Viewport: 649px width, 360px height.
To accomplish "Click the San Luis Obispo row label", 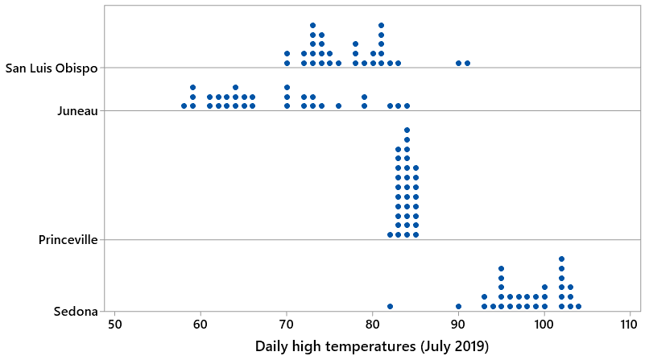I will pyautogui.click(x=52, y=68).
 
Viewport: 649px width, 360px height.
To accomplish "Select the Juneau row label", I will pyautogui.click(x=76, y=111).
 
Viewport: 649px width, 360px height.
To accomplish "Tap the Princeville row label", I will pyautogui.click(x=68, y=240).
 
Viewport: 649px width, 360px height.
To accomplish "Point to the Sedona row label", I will pyautogui.click(x=76, y=312).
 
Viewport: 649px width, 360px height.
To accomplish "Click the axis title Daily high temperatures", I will pyautogui.click(x=372, y=347).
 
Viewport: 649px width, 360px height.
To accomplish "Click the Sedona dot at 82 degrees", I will pyautogui.click(x=390, y=306).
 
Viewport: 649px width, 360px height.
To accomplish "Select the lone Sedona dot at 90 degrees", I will pyautogui.click(x=458, y=306).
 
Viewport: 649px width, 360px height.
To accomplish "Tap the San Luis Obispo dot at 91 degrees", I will pyautogui.click(x=467, y=63).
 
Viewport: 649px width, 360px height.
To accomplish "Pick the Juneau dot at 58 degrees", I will pyautogui.click(x=184, y=106).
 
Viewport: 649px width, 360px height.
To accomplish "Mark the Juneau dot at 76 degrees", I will pyautogui.click(x=338, y=106).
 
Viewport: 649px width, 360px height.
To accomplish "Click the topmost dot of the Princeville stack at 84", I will pyautogui.click(x=407, y=130).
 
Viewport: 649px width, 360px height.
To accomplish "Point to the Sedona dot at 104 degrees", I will pyautogui.click(x=578, y=306).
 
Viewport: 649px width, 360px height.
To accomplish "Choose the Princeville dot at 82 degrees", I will pyautogui.click(x=390, y=234).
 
